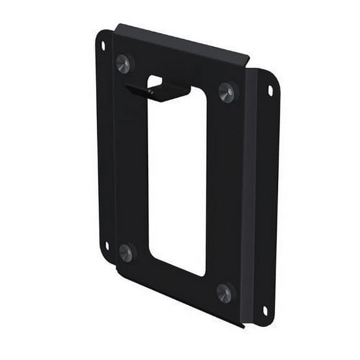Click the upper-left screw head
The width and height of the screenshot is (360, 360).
[123, 63]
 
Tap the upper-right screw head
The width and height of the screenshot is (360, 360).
[227, 92]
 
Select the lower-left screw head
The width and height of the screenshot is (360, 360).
[126, 252]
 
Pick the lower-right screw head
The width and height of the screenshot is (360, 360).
[224, 292]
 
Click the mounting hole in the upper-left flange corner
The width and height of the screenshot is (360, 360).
[103, 46]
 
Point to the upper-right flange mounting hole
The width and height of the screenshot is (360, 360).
[270, 90]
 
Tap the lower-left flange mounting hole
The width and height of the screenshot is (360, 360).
[107, 246]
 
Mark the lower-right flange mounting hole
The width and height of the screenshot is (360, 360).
[265, 310]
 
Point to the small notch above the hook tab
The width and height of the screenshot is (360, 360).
[155, 81]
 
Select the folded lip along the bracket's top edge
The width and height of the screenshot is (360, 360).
[181, 41]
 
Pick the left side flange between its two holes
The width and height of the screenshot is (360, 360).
[104, 147]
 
